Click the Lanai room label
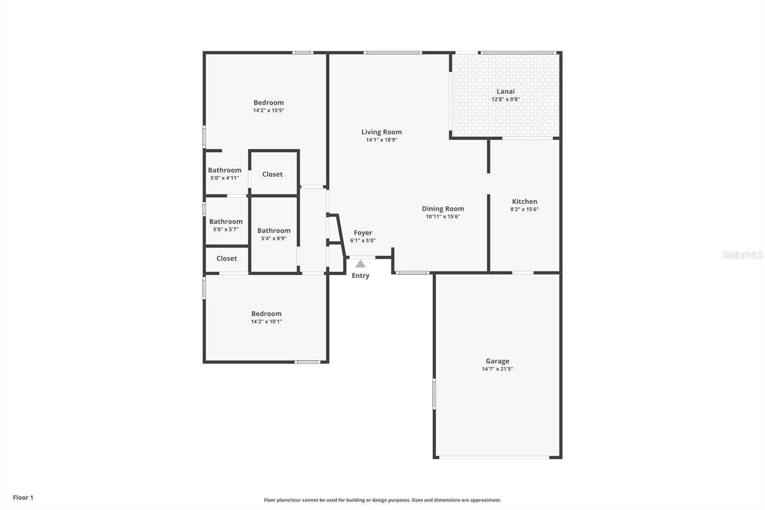click(505, 91)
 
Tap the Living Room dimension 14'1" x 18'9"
click(382, 140)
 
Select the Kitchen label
click(525, 201)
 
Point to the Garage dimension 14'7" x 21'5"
click(497, 369)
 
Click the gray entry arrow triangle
click(361, 264)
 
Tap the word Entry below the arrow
click(361, 276)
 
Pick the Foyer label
click(363, 233)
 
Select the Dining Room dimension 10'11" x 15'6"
click(443, 217)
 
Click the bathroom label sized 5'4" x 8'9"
click(273, 231)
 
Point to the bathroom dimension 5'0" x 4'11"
click(224, 178)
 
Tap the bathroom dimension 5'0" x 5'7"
click(226, 229)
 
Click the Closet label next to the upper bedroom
click(272, 174)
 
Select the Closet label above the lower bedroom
click(227, 258)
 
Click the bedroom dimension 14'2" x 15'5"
click(269, 111)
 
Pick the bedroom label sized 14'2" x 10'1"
click(266, 314)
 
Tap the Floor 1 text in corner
click(23, 498)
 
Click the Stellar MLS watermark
click(742, 255)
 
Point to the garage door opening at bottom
click(494, 458)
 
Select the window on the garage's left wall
click(434, 393)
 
